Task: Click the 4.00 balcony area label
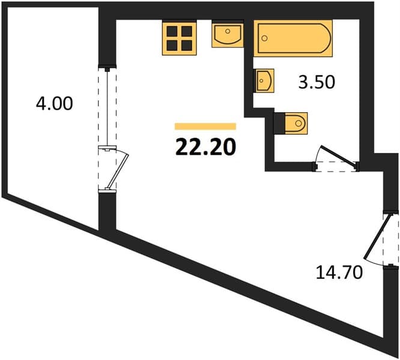(x=54, y=104)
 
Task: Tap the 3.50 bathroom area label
(x=317, y=82)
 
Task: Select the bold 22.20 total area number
(x=205, y=148)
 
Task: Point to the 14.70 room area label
(x=339, y=272)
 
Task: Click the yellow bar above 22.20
(x=205, y=127)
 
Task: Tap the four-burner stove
(x=180, y=38)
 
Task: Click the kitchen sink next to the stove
(x=227, y=34)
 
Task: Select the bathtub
(x=293, y=38)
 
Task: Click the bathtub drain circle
(x=265, y=38)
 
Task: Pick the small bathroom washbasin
(x=264, y=80)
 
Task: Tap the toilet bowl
(x=296, y=124)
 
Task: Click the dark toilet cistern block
(x=279, y=124)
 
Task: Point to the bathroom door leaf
(x=339, y=155)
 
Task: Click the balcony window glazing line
(x=108, y=108)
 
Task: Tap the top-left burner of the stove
(x=172, y=31)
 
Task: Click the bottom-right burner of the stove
(x=187, y=46)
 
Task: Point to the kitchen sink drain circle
(x=228, y=31)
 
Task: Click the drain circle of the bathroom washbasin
(x=261, y=80)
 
